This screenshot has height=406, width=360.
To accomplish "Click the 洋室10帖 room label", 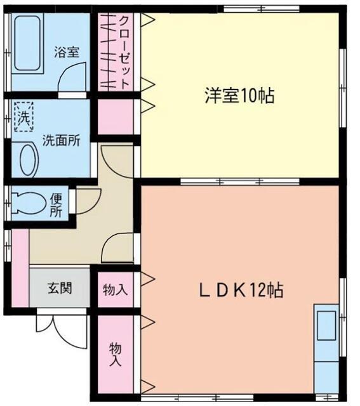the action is [239, 96].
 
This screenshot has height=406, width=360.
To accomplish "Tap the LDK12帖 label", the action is [241, 290].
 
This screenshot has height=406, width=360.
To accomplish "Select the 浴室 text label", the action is [67, 52].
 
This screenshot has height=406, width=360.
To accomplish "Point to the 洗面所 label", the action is [62, 140].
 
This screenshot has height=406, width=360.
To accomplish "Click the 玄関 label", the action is [60, 288].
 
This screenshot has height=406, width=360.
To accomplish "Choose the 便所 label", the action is [57, 205].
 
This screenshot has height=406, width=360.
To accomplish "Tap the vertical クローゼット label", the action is [124, 53].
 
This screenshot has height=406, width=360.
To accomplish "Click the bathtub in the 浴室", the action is [27, 43].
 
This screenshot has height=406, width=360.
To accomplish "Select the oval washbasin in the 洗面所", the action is [28, 160].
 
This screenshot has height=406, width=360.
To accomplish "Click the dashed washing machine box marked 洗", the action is [24, 116].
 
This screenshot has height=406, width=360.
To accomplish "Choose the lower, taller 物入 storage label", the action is [115, 354].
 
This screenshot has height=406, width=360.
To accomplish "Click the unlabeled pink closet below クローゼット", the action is [116, 117].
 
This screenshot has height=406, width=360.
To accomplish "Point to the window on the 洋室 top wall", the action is [262, 9].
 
